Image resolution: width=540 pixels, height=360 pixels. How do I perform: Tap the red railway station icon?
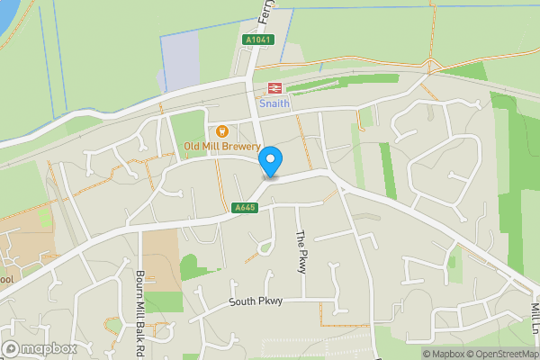(274, 88)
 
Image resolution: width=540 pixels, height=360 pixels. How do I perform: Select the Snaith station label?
(274, 103)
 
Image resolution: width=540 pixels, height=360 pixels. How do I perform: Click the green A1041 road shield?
(256, 40)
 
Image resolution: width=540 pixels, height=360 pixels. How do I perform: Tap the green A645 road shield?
(244, 208)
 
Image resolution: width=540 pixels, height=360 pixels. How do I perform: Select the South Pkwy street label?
(256, 301)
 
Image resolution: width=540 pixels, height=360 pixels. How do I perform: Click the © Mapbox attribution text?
(445, 354)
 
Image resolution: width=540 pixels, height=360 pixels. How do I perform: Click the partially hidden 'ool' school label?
(7, 280)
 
